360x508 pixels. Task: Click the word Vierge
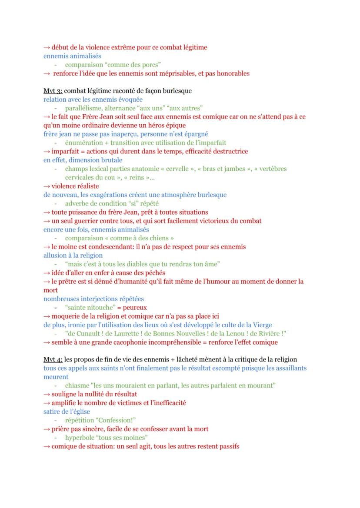click(263, 325)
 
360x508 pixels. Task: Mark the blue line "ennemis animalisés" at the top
click(72, 56)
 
